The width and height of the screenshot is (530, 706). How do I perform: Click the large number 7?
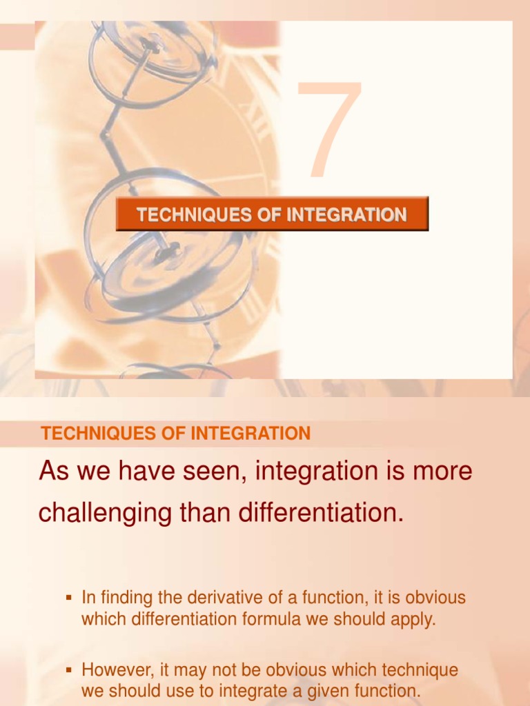(330, 129)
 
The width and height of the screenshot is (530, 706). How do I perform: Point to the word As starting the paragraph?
(54, 472)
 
